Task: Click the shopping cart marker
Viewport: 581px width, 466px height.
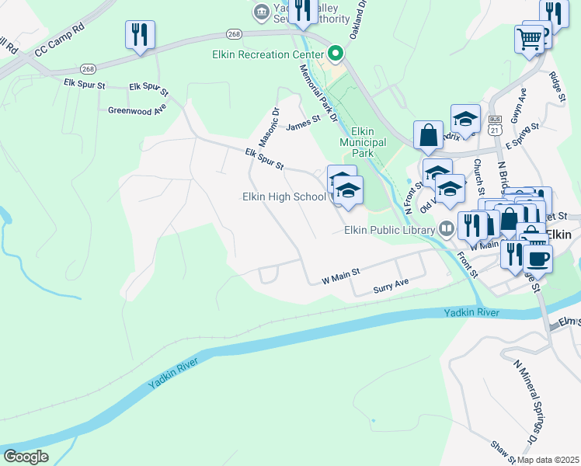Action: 529,38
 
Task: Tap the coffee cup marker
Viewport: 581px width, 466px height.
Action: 538,257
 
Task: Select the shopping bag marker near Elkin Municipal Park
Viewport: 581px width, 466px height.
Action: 428,135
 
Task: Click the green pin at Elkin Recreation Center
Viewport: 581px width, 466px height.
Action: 336,54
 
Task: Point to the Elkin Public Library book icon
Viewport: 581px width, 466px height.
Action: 447,229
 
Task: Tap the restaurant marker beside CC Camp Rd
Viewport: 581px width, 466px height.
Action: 140,34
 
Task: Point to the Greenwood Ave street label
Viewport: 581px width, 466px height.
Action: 137,110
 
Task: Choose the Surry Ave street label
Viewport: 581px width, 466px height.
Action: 391,286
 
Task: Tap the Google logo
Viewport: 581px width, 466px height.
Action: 26,456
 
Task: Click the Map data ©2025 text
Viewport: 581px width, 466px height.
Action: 548,460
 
